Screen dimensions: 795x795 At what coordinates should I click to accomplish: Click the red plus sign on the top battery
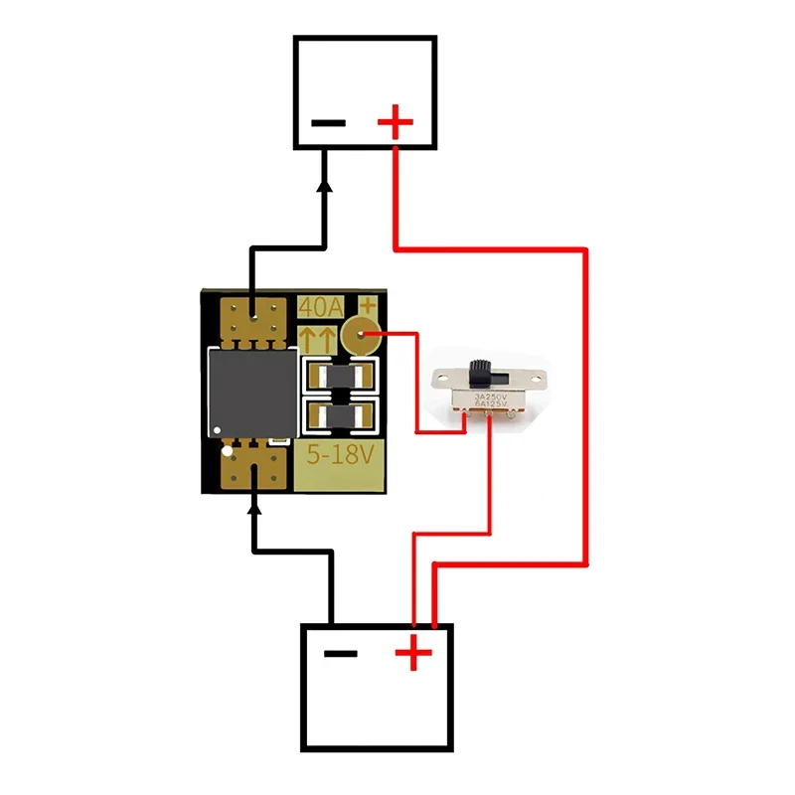click(395, 124)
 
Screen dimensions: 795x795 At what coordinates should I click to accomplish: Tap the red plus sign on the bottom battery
click(413, 653)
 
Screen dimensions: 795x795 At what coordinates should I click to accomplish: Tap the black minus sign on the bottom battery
click(341, 653)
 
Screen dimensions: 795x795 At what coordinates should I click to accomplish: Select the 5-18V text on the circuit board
click(340, 457)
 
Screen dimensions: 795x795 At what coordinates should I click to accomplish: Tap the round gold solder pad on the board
click(359, 336)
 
